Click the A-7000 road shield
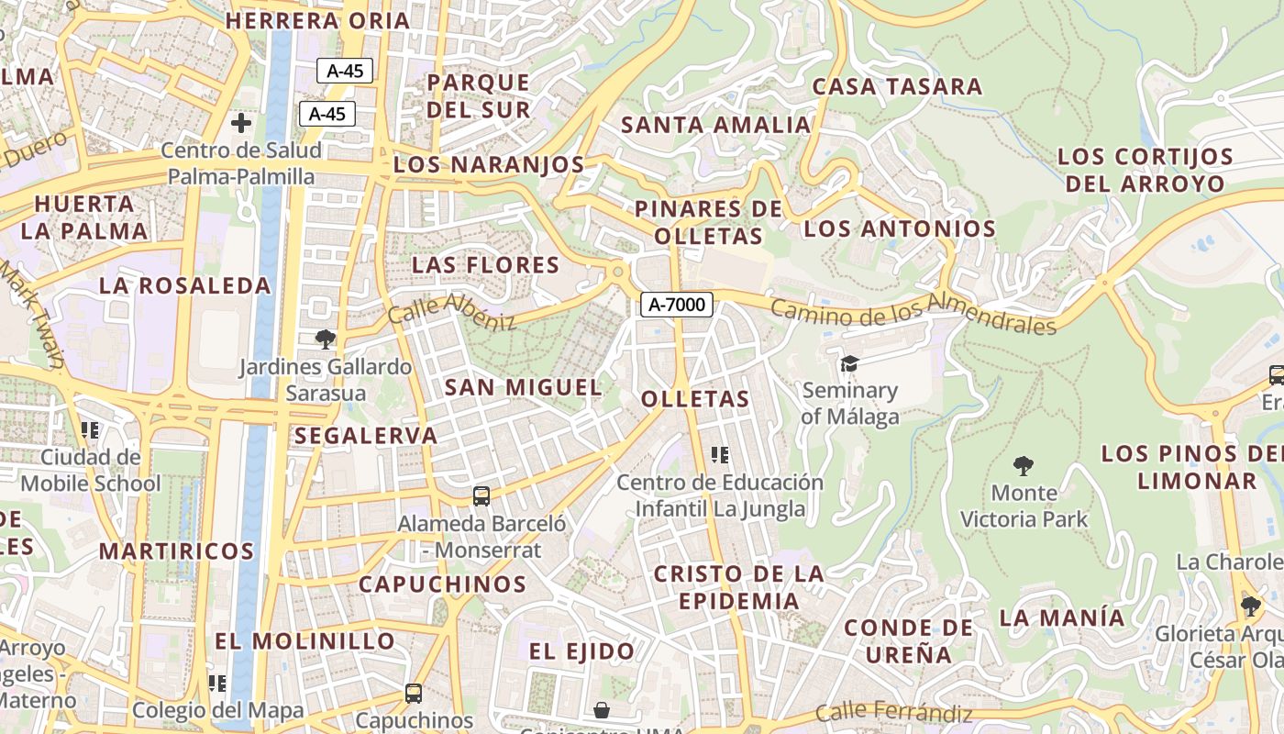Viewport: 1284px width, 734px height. click(677, 305)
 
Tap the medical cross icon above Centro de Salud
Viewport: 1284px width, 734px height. click(241, 122)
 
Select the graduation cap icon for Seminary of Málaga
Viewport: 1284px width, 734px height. click(849, 364)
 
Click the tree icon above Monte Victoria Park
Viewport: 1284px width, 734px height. click(1024, 465)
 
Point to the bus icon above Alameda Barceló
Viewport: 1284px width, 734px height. click(481, 496)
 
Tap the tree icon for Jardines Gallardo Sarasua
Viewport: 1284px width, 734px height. click(325, 339)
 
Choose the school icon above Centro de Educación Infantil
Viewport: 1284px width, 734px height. click(720, 454)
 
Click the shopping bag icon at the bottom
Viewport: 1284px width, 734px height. click(602, 710)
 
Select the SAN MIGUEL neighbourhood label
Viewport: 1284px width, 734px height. click(524, 387)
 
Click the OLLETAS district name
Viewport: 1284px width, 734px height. click(695, 399)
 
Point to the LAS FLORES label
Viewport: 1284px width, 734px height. click(485, 265)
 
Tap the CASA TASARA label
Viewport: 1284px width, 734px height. click(897, 87)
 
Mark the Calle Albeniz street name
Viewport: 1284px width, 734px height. click(452, 313)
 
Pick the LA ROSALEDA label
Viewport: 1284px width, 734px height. click(185, 285)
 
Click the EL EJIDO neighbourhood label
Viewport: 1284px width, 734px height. click(581, 651)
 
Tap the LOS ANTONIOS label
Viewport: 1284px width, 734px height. click(899, 228)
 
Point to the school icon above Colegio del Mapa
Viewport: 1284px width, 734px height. click(217, 683)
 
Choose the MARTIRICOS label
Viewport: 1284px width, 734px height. click(176, 551)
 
